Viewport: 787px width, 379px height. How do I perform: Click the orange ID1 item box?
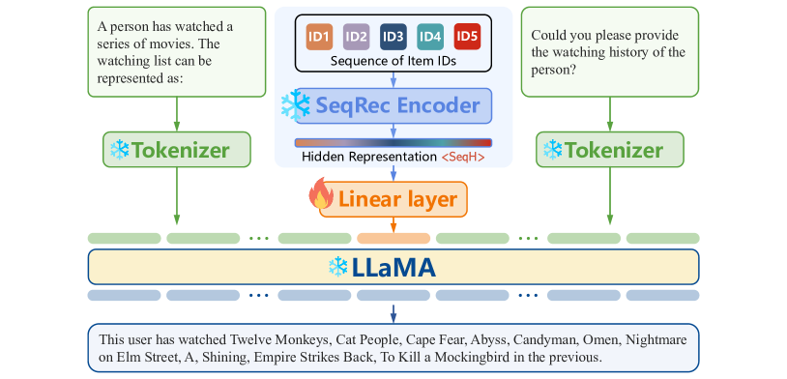point(319,37)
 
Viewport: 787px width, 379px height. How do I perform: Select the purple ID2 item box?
point(356,37)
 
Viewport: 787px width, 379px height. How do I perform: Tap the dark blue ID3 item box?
point(393,37)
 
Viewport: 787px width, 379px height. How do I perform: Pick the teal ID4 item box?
point(429,37)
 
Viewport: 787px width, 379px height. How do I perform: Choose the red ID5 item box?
point(466,37)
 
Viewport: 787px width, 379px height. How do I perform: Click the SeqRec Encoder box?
point(393,105)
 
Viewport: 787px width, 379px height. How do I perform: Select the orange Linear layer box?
point(393,199)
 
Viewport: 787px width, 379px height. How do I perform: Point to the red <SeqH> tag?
point(463,157)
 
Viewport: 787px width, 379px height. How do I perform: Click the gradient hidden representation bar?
point(393,142)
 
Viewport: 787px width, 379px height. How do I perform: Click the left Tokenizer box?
point(177,150)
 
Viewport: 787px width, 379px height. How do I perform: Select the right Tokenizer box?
point(609,150)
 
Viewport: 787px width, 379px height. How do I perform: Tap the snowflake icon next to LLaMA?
point(338,267)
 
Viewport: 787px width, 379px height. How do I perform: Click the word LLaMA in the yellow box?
point(393,268)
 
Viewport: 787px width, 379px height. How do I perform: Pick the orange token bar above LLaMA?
point(393,237)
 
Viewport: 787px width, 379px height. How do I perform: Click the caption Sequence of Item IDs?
point(393,61)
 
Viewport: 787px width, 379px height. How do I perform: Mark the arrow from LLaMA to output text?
point(393,312)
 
